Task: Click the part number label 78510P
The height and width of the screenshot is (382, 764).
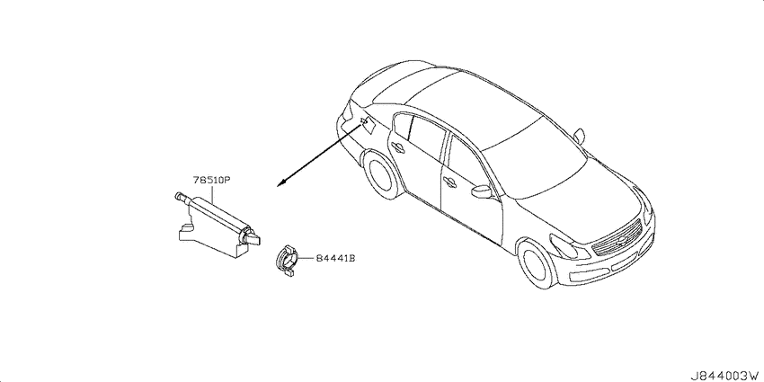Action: tap(211, 181)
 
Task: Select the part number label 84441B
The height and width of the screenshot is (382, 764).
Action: tap(335, 258)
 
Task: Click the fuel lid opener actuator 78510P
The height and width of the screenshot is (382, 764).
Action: tap(217, 224)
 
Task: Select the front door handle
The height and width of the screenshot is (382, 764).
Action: tap(449, 182)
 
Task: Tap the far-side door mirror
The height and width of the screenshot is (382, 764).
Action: tap(579, 136)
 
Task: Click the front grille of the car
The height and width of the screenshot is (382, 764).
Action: tap(617, 238)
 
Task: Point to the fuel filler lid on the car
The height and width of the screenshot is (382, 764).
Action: tap(368, 126)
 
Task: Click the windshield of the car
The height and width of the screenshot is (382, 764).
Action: tap(536, 161)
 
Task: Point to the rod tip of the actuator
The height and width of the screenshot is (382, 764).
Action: tap(178, 196)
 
